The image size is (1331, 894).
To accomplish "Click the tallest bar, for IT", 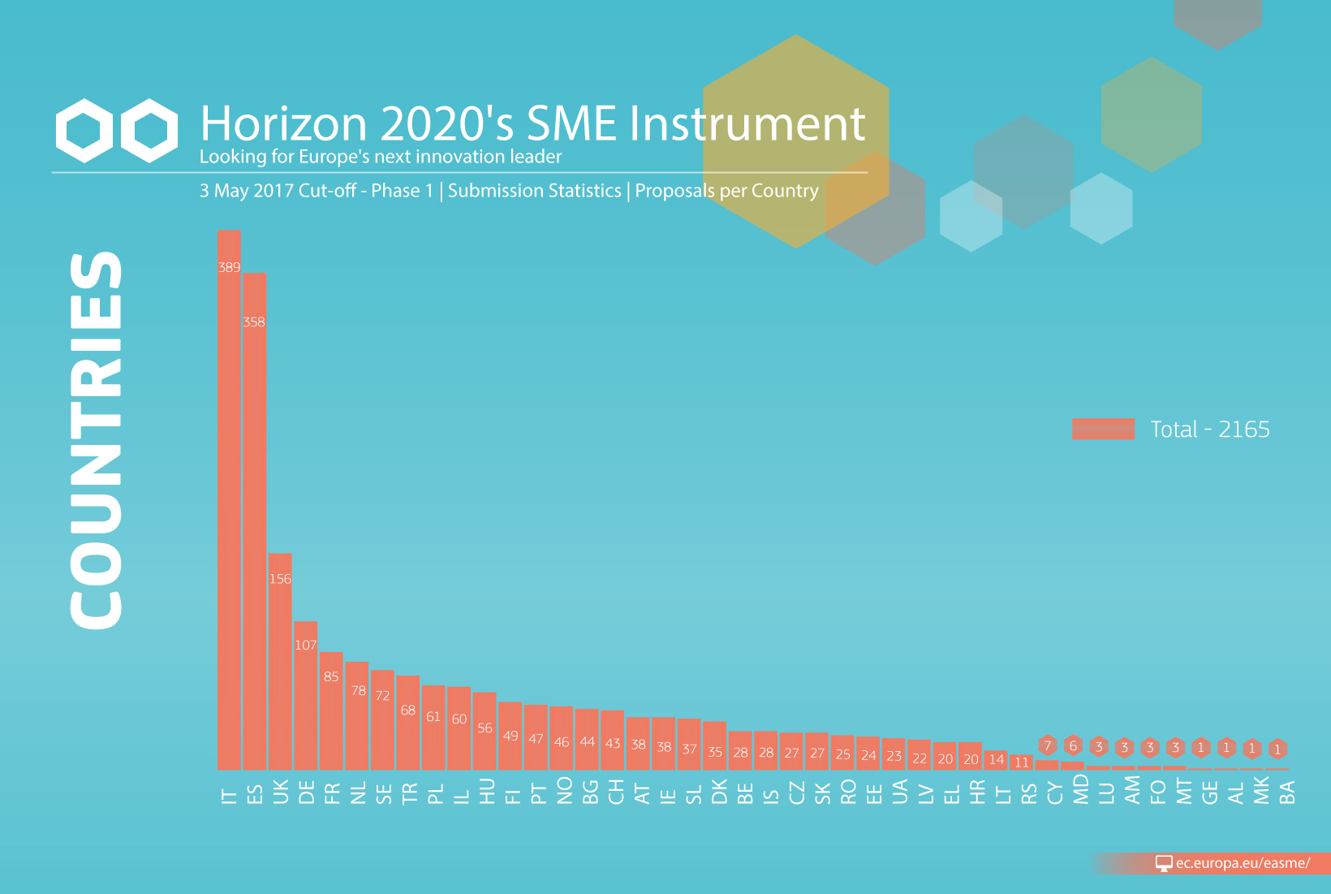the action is [229, 500].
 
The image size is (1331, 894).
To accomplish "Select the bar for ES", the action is [254, 521].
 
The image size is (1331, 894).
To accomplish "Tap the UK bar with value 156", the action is [280, 662].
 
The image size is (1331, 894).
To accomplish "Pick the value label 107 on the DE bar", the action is [306, 645].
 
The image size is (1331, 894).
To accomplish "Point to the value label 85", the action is [331, 676].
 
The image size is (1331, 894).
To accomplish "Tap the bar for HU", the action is [485, 731].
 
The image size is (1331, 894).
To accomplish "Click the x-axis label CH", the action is [614, 792].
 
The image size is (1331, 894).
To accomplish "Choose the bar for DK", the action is [714, 745].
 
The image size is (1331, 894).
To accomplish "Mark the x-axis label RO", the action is [846, 792].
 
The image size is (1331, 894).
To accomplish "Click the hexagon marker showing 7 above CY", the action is [1048, 745].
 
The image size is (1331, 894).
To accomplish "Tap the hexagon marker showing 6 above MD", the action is [1073, 745].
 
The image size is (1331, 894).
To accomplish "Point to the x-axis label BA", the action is [1286, 793].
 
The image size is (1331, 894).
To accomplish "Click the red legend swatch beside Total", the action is [1104, 430].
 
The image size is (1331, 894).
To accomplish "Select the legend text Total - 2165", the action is [1210, 430].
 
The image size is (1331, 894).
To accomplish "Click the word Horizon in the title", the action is [283, 123].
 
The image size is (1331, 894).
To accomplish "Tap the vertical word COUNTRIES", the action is [96, 440].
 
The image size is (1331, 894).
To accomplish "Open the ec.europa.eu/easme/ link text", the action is [1243, 862].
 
